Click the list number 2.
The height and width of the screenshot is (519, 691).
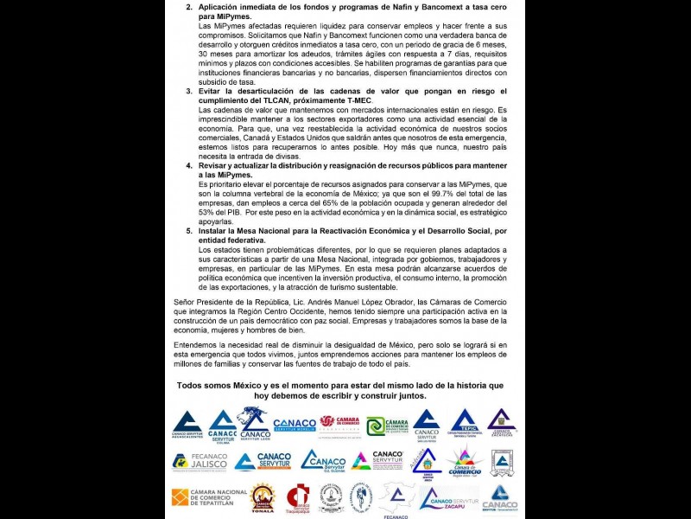pyautogui.click(x=189, y=6)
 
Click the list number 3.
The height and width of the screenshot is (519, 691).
pyautogui.click(x=189, y=91)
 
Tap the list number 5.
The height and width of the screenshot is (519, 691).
pyautogui.click(x=189, y=231)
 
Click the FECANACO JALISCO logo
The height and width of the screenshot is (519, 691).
pyautogui.click(x=200, y=461)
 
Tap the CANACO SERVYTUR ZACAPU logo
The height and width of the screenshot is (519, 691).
pyautogui.click(x=449, y=499)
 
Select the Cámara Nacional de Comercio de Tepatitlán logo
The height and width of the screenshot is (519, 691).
pyautogui.click(x=208, y=499)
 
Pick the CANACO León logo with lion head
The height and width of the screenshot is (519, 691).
pyautogui.click(x=254, y=423)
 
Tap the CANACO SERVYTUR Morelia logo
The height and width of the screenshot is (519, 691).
pyautogui.click(x=295, y=425)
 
